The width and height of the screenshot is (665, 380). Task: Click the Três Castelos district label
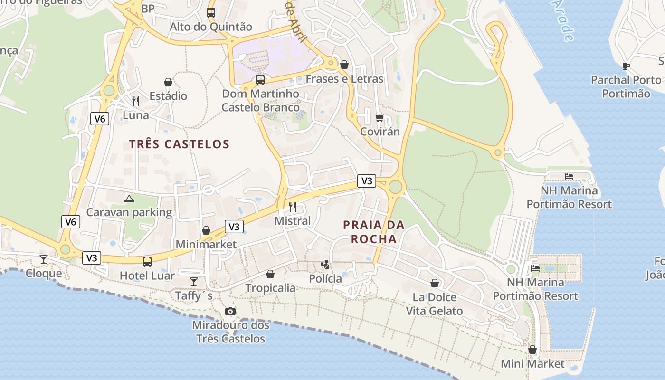[x=179, y=144]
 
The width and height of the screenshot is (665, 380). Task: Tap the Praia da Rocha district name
[x=374, y=232]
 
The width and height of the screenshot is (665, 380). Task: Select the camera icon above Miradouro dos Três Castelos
[x=230, y=311]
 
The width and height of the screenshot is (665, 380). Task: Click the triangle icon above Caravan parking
[x=129, y=198]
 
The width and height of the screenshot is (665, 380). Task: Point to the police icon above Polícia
[x=325, y=265]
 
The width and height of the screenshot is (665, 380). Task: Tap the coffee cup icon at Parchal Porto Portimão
[x=626, y=66]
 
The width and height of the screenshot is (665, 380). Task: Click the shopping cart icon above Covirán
[x=380, y=118]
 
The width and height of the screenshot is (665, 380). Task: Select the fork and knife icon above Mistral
[x=293, y=207]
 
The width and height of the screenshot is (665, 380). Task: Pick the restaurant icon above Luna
[x=136, y=101]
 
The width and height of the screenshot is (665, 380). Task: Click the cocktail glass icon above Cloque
[x=44, y=259]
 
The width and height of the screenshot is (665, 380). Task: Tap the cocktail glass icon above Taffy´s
[x=194, y=281]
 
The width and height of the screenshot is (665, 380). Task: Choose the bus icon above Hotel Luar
[x=147, y=261]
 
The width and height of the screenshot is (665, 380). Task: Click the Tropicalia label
[x=270, y=288]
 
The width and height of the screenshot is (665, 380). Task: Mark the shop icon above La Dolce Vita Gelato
[x=435, y=283]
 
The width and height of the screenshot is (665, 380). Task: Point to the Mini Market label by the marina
[x=532, y=364]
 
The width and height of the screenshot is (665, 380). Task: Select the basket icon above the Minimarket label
[x=206, y=230]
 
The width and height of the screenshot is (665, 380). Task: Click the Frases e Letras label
[x=344, y=79]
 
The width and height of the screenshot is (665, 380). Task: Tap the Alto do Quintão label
[x=211, y=27]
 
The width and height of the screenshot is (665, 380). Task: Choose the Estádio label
[x=168, y=96]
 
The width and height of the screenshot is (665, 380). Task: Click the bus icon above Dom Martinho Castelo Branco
[x=260, y=79]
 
